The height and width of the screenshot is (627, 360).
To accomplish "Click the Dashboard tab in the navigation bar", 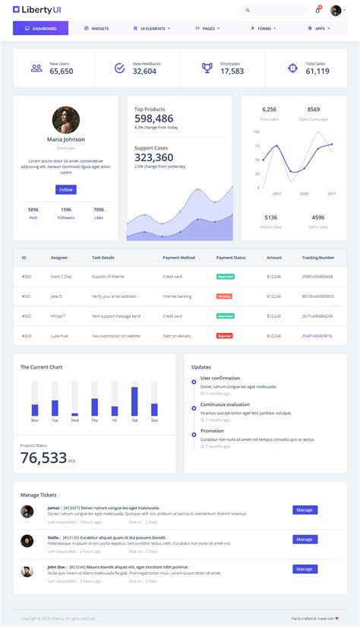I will (40, 28).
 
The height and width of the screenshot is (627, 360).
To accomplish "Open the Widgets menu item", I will (96, 28).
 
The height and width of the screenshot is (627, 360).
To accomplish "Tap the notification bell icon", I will (317, 11).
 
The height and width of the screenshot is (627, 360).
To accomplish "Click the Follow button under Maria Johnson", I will (66, 189).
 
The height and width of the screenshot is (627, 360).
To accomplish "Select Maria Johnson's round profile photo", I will (66, 120).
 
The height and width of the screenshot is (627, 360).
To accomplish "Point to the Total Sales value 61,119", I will (317, 71).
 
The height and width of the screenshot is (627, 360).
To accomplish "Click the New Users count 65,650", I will (62, 71).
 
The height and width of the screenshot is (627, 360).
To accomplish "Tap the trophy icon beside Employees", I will (207, 68).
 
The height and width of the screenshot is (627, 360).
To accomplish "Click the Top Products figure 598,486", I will (154, 119).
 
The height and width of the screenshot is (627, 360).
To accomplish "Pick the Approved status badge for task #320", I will (225, 276).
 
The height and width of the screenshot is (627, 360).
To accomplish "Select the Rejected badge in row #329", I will (225, 335).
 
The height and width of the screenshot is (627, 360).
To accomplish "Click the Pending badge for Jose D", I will (224, 296).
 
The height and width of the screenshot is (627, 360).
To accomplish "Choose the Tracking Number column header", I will (317, 258).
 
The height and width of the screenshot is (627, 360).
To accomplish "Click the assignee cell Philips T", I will (58, 315).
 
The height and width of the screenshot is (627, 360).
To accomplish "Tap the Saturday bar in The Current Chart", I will (134, 401).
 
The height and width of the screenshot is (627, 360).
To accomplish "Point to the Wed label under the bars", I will (74, 420).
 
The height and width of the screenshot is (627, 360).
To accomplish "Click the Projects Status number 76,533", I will (43, 458).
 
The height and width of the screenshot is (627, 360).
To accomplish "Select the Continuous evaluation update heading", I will (225, 404).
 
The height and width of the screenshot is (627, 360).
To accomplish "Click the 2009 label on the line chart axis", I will (303, 194).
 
